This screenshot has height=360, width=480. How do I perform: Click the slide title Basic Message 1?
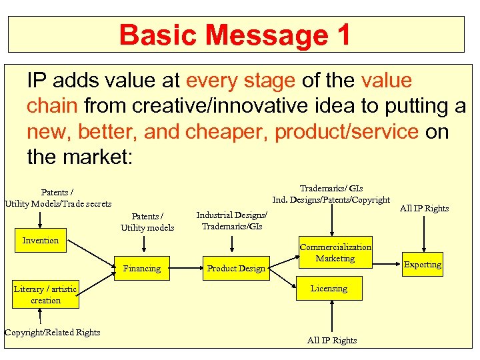click(235, 35)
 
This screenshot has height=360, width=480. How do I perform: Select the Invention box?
click(41, 241)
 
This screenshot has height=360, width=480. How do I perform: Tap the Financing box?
click(142, 269)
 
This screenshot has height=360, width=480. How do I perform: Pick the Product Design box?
click(236, 269)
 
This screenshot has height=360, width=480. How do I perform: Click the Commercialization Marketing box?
click(335, 253)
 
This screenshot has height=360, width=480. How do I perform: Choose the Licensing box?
click(329, 289)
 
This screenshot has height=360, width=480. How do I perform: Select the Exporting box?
click(422, 265)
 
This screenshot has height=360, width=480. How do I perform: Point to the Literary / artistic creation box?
click(45, 295)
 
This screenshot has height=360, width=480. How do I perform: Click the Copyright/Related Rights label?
click(52, 333)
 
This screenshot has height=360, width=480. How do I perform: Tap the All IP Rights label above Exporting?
click(424, 209)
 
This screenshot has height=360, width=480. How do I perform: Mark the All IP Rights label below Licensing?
click(332, 341)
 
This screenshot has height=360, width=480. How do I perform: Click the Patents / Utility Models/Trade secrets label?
click(58, 198)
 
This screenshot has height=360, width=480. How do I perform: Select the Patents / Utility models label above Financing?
click(147, 222)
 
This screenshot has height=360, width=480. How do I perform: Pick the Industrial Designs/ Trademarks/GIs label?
click(231, 221)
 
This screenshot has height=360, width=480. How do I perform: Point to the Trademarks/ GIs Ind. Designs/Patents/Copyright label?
click(331, 194)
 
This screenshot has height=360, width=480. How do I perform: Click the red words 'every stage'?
click(241, 81)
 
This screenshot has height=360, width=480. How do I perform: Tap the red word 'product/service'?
click(346, 132)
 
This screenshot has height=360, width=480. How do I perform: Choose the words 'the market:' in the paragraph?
click(80, 157)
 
